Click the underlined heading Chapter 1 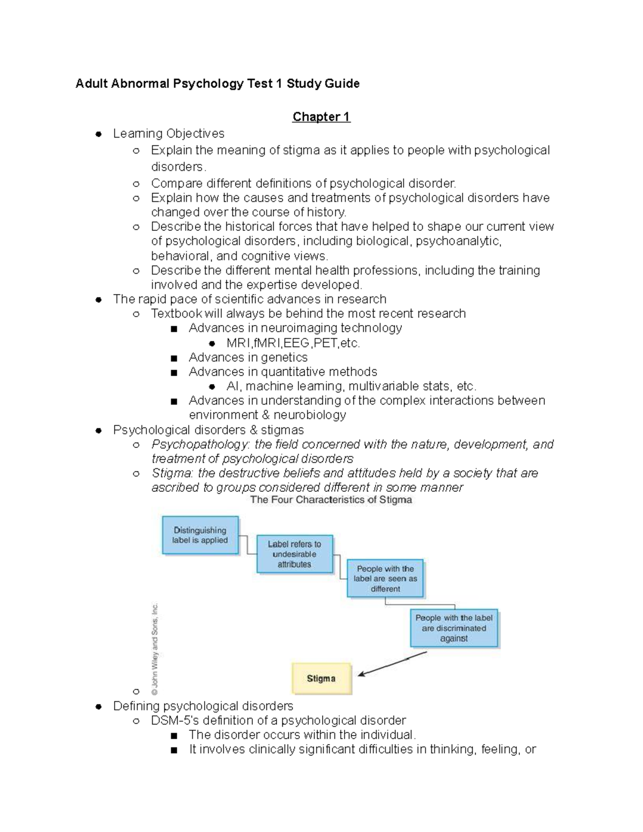[x=321, y=117]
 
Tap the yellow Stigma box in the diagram [x=322, y=678]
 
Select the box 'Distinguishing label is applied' [x=200, y=535]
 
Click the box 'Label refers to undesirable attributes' [x=294, y=554]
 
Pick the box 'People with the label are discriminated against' [x=454, y=628]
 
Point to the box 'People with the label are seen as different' [x=385, y=579]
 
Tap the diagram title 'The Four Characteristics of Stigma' [x=331, y=500]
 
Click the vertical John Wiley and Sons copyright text [x=155, y=649]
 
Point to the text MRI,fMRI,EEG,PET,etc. [x=293, y=343]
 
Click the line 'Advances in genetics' [x=248, y=357]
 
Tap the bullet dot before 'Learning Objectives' [x=99, y=134]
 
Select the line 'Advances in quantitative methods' [x=283, y=372]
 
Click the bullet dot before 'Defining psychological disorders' [x=99, y=707]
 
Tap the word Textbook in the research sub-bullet [x=176, y=313]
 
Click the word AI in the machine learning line [x=232, y=386]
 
